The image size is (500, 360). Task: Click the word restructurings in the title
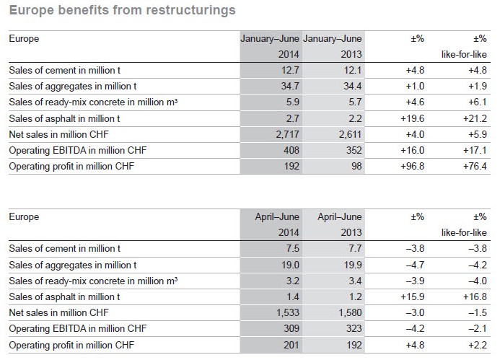point(190,11)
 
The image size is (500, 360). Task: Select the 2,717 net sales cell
point(288,135)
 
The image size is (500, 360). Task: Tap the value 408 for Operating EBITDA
point(291,150)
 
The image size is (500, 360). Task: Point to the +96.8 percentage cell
point(413,166)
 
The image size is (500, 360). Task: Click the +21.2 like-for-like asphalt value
point(475,118)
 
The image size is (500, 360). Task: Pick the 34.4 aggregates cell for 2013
point(353,86)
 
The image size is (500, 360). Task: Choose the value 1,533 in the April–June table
point(288,312)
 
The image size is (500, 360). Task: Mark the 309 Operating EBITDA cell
point(291,328)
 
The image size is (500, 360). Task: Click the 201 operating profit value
point(291,345)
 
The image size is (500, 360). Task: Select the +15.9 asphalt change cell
point(413,297)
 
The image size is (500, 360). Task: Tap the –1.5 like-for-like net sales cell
point(478,312)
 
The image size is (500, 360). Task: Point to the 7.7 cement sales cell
point(355,248)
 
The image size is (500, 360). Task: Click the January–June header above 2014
point(270,38)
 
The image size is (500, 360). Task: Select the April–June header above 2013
point(340,217)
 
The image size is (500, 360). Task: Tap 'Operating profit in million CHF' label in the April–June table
point(71,345)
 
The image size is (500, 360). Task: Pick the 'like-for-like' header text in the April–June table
point(465,233)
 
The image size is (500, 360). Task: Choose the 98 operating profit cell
point(356,166)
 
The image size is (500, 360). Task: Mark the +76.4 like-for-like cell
point(475,166)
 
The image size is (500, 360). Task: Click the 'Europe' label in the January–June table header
point(24,38)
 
